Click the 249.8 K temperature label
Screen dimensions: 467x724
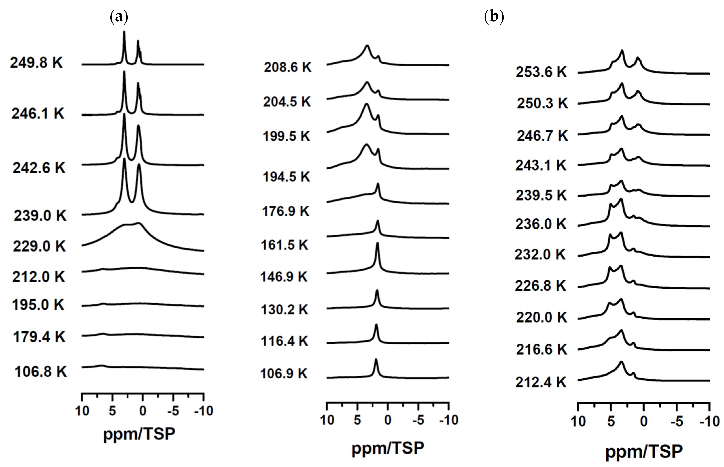coord(36,63)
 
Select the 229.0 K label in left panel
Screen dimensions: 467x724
coord(39,246)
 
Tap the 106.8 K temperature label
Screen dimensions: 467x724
coord(41,371)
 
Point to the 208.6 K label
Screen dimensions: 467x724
coord(287,67)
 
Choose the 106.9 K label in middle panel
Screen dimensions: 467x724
coord(284,373)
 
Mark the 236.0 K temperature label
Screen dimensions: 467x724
coord(541,224)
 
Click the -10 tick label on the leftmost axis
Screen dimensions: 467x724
coord(204,411)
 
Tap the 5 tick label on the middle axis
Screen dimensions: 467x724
coord(357,420)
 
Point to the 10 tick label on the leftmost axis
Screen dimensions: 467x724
coord(82,411)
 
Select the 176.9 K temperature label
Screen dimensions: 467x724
coord(285,211)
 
